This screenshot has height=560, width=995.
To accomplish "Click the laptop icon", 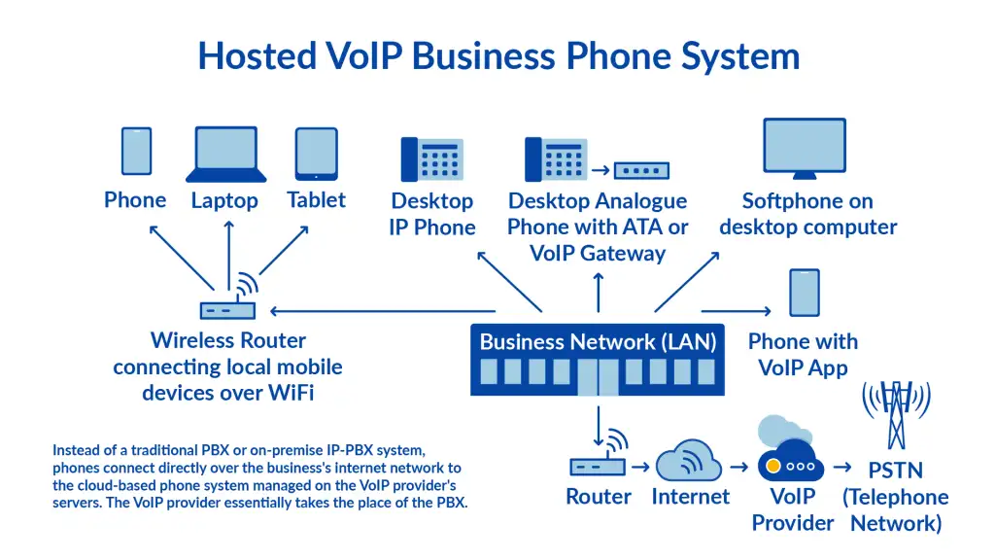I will pyautogui.click(x=226, y=155).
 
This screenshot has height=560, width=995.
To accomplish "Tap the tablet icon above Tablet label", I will pyautogui.click(x=316, y=154).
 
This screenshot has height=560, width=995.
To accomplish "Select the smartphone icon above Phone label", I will pyautogui.click(x=136, y=153).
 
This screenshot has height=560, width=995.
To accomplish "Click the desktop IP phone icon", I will pyautogui.click(x=431, y=157).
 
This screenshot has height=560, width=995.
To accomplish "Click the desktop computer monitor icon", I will pyautogui.click(x=805, y=149).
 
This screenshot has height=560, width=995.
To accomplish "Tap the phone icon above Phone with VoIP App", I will pyautogui.click(x=804, y=293).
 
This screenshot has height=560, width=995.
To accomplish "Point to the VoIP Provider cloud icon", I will pyautogui.click(x=790, y=457).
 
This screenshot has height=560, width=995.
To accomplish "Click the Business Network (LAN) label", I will pyautogui.click(x=598, y=341).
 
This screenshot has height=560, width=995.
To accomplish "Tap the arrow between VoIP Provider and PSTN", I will pyautogui.click(x=843, y=467).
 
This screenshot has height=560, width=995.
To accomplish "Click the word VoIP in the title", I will pyautogui.click(x=366, y=55).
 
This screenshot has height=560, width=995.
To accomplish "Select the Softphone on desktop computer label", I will pyautogui.click(x=807, y=214).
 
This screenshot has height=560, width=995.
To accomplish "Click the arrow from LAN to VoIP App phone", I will pyautogui.click(x=738, y=311).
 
